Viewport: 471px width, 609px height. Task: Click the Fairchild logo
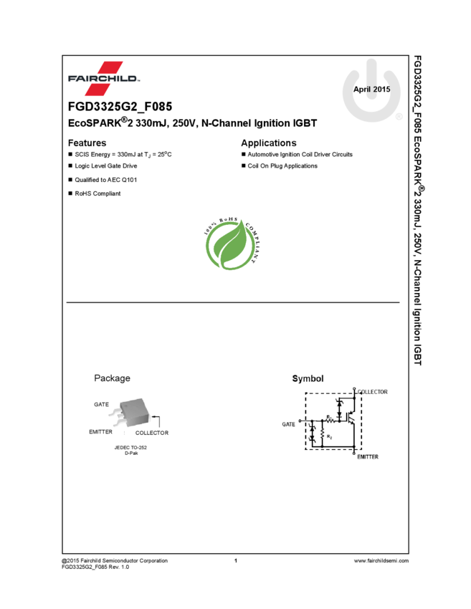click(104, 79)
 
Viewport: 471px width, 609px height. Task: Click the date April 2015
click(371, 90)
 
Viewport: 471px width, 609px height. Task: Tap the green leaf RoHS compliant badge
click(232, 244)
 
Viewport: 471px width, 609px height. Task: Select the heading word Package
click(112, 378)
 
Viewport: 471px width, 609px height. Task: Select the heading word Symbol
click(308, 378)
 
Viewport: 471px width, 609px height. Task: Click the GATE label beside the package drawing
click(101, 404)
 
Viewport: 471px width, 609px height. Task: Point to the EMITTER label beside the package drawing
click(100, 432)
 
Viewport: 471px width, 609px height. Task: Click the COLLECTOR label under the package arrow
click(152, 433)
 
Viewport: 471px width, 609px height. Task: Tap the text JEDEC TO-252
click(130, 448)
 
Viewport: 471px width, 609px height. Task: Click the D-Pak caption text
click(130, 454)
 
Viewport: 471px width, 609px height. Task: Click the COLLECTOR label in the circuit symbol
click(373, 392)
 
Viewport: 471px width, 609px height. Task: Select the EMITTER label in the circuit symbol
click(368, 456)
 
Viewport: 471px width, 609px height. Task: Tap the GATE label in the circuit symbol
click(288, 424)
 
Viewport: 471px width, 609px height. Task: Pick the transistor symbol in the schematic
click(351, 416)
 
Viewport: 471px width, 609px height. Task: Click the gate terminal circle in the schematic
click(300, 421)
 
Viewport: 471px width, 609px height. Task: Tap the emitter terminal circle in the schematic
click(355, 451)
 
